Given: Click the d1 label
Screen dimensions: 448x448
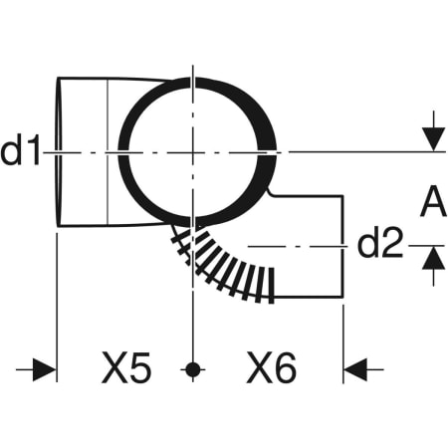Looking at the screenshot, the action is [20, 149].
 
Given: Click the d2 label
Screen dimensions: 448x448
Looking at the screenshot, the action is [380, 242].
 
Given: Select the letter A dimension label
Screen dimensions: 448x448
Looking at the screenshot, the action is [433, 201].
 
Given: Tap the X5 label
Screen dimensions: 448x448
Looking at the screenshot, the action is [126, 367].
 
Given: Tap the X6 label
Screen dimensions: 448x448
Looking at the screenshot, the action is [271, 367].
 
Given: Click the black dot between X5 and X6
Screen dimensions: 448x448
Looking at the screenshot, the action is [193, 369].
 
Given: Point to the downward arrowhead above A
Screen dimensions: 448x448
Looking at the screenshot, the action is [434, 139].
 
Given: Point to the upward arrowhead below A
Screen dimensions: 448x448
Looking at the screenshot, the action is [434, 258].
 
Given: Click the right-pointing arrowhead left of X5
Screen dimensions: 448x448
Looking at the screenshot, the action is [44, 369].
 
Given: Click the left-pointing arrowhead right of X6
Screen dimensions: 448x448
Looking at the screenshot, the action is [355, 369].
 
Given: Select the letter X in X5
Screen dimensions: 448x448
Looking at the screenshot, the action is [114, 367].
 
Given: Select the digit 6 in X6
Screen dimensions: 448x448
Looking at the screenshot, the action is [285, 368].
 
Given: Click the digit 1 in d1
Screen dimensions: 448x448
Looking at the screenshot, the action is [34, 149].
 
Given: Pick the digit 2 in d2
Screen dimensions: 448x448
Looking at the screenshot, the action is [392, 242].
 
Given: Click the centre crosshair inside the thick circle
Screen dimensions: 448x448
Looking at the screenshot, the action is [193, 152].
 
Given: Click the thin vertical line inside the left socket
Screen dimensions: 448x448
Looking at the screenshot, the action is [108, 152].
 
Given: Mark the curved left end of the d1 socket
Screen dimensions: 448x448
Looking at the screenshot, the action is [59, 152].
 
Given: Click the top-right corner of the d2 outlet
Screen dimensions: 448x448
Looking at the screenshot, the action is [342, 196].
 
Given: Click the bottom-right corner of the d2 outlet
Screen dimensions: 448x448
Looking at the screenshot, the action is [342, 297].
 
